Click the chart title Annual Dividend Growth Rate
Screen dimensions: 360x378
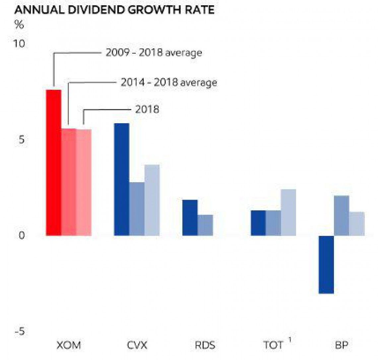click(114, 10)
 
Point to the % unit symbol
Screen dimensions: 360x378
click(19, 25)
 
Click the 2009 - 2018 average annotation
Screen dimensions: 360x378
click(154, 52)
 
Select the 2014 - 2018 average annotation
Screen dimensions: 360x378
click(169, 82)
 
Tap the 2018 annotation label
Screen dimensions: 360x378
click(147, 109)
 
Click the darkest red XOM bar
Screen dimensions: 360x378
click(53, 163)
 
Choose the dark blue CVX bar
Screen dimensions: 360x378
click(121, 179)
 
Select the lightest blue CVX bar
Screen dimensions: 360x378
click(152, 200)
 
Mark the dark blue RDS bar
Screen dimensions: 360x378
click(190, 218)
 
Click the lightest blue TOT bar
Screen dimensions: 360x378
click(288, 212)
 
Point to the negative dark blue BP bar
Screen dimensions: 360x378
click(326, 264)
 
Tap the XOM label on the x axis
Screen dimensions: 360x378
click(69, 345)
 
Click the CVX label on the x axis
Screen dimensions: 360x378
click(137, 345)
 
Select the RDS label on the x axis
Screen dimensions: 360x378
click(205, 345)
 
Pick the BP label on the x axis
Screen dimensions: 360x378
click(342, 345)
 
